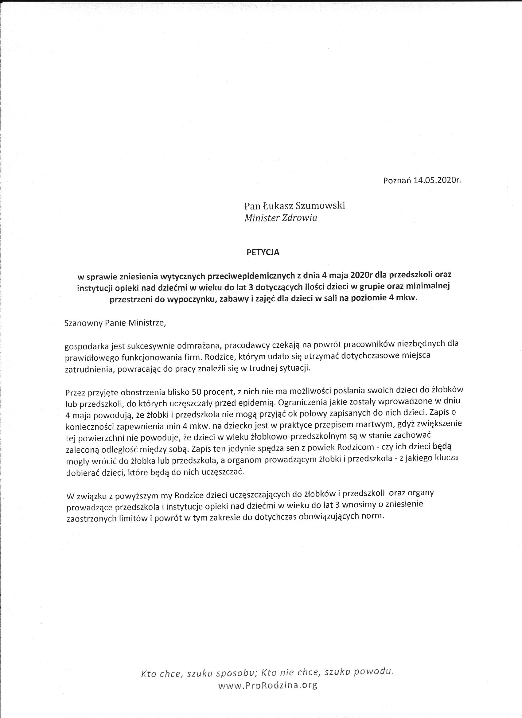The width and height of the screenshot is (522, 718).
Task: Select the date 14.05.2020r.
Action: click(438, 181)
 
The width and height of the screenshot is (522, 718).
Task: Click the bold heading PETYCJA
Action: click(263, 253)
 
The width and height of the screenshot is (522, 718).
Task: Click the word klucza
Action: click(446, 458)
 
